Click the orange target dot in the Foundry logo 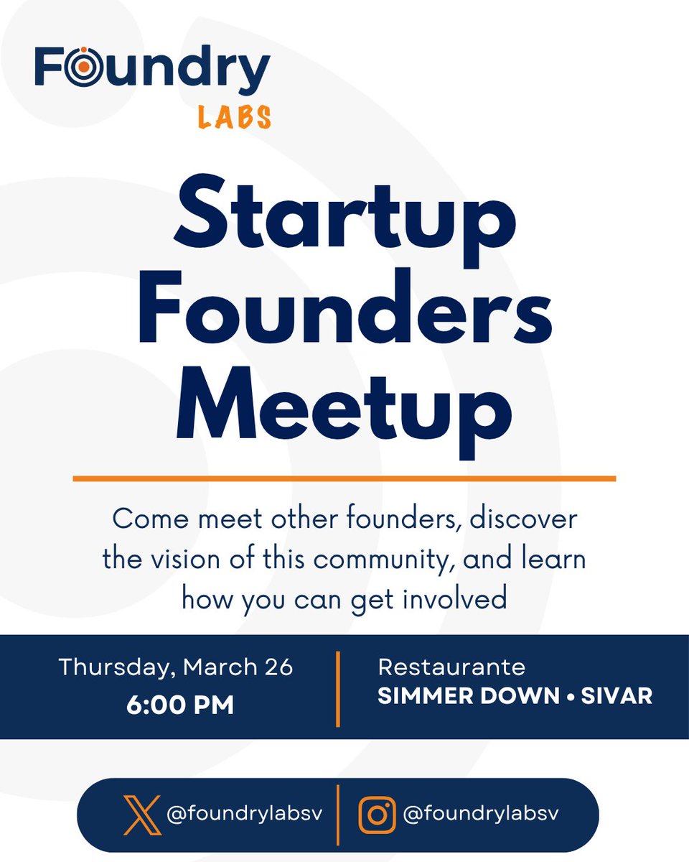point(84,65)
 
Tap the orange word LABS point(235,116)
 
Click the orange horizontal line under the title point(344,478)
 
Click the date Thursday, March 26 point(176,667)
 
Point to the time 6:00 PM point(180,705)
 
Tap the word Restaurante point(451,667)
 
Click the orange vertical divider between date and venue point(337,688)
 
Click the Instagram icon point(377,815)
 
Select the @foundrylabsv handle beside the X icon point(244,815)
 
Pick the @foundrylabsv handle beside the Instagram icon point(481,814)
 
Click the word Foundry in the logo point(152,68)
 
